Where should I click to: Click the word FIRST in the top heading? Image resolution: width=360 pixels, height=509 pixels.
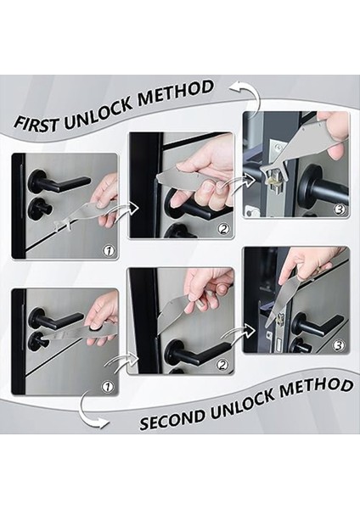[x=37, y=124]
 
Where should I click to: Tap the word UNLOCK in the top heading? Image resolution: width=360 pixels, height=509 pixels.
[x=98, y=112]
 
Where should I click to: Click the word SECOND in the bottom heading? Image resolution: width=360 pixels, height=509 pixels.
[x=173, y=417]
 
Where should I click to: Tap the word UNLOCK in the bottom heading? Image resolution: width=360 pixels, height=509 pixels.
[x=243, y=402]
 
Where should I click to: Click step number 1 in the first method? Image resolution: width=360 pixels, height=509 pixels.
[x=110, y=250]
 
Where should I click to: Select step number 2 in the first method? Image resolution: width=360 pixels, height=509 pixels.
[x=223, y=229]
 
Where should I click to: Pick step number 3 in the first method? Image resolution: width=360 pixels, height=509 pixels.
[x=340, y=210]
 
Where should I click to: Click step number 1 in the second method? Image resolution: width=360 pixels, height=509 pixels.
[x=108, y=387]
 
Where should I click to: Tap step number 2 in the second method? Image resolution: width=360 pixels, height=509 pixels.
[x=222, y=365]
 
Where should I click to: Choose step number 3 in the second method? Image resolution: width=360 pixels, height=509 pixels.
[x=340, y=345]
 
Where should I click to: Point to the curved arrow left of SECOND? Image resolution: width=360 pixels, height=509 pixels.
[x=88, y=411]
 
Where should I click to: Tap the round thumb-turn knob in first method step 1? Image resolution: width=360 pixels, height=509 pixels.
[x=41, y=207]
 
